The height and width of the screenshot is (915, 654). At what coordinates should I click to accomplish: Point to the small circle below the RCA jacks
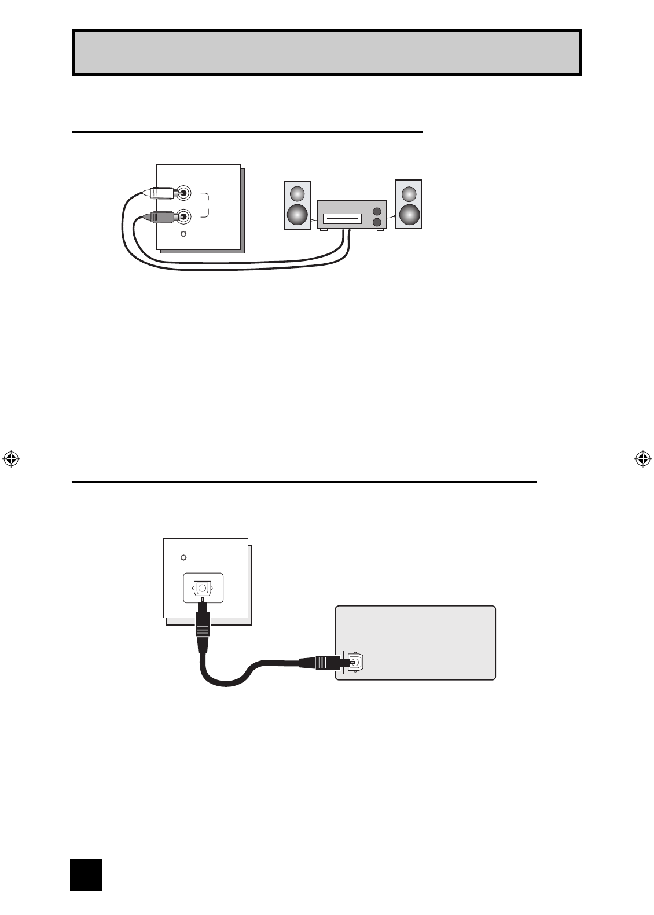pos(183,234)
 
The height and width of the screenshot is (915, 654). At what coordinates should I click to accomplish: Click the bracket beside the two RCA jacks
pos(205,205)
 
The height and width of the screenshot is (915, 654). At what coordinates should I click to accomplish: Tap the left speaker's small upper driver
pos(297,193)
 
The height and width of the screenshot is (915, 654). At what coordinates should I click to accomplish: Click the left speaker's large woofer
pos(297,215)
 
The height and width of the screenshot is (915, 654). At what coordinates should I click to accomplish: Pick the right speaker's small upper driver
pos(409,193)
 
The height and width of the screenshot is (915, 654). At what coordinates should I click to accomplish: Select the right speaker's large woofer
pos(409,215)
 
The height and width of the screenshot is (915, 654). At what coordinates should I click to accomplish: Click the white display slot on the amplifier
pos(342,219)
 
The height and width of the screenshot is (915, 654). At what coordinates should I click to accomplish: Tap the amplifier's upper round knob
pos(377,211)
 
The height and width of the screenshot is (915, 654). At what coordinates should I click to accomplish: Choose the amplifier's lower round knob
pos(377,222)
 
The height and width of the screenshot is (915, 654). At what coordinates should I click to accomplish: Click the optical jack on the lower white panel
pos(202,588)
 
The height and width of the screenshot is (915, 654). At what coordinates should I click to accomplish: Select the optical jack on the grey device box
pos(356,662)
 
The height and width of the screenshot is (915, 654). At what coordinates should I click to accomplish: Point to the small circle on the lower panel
pos(183,557)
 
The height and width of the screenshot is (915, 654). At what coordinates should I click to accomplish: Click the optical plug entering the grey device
pos(324,662)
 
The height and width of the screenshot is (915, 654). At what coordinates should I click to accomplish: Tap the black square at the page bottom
pos(86,875)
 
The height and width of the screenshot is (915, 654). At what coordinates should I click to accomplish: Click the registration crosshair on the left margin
pos(10,459)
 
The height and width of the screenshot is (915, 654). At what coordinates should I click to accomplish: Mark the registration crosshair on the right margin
pos(642,459)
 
